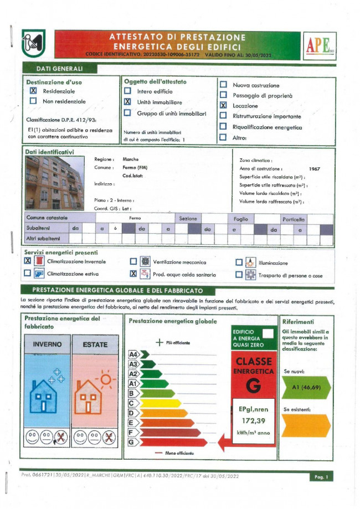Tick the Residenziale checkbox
33,91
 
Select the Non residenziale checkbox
33,101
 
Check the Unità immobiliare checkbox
127,102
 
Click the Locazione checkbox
224,105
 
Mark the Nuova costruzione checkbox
224,85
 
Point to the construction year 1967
315,168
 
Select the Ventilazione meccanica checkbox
133,262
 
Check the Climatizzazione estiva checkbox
27,273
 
